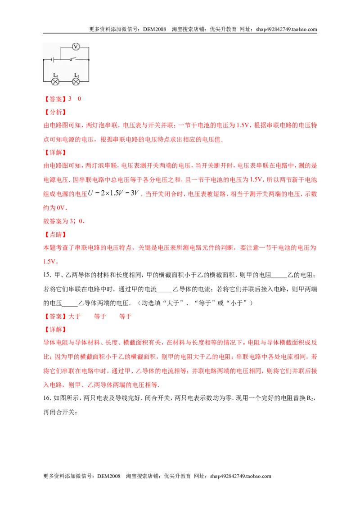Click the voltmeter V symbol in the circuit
[76, 47]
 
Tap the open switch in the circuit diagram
[72, 59]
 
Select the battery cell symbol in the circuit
[52, 60]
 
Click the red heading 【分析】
[55, 112]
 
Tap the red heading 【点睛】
[55, 235]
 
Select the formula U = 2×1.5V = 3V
[113, 193]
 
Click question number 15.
[47, 275]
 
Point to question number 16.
[47, 398]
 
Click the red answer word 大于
[74, 317]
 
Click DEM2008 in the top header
[154, 29]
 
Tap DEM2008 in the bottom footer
[108, 476]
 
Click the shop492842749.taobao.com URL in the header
[286, 29]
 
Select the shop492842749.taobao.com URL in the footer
[240, 476]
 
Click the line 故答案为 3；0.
[64, 221]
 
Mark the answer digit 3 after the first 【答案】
[70, 98]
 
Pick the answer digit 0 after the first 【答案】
[79, 98]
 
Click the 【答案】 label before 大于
[55, 317]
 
